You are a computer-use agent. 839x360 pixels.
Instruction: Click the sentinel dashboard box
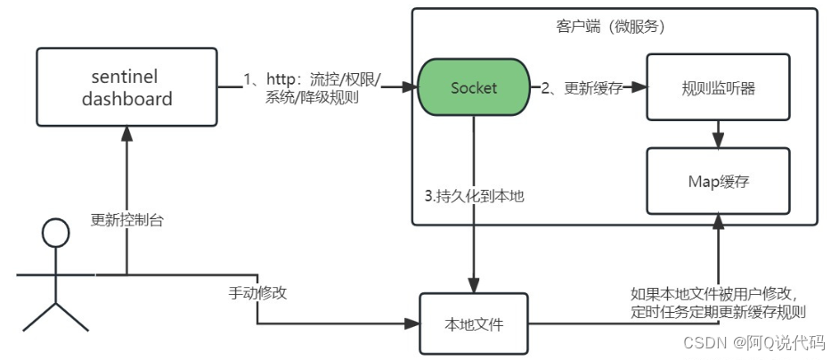click(126, 88)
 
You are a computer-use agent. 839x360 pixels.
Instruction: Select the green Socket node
click(473, 88)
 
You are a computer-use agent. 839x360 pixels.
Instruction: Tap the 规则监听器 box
click(717, 88)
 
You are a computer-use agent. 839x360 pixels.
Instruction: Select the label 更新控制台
click(126, 219)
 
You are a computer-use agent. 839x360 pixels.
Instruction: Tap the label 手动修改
click(257, 291)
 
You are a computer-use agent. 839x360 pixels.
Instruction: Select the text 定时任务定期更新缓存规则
click(718, 312)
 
